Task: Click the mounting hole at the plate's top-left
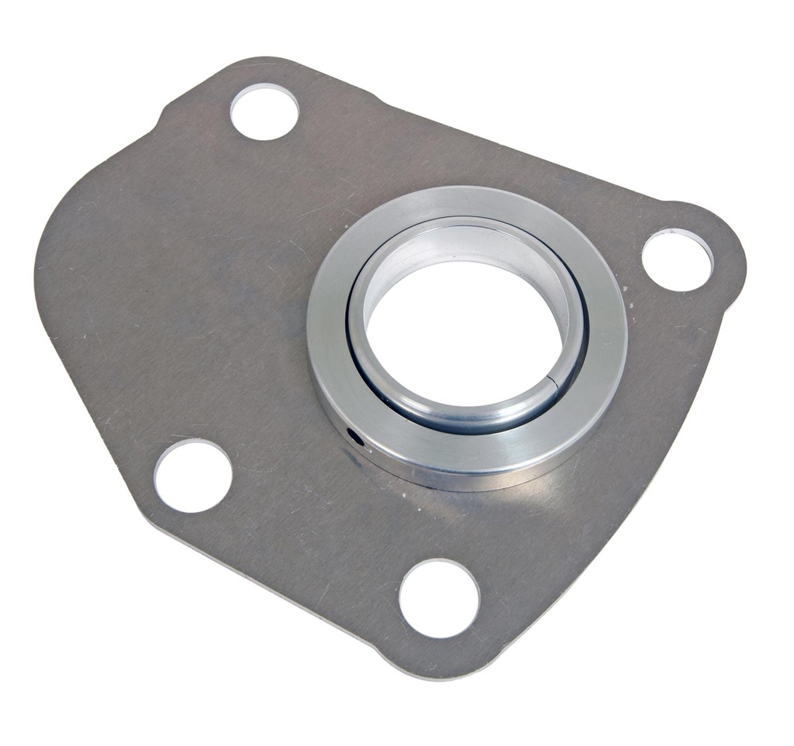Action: point(264,111)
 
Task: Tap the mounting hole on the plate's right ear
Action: point(677,260)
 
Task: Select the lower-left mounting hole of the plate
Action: point(192,475)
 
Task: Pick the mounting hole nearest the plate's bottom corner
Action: point(439,598)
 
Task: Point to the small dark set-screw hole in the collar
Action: point(356,438)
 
